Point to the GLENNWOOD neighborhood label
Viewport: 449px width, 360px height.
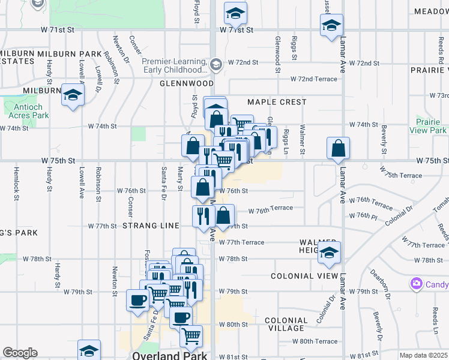pyautogui.click(x=187, y=83)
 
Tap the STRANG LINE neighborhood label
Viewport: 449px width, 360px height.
pyautogui.click(x=151, y=226)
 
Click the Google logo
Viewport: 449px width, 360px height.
pyautogui.click(x=20, y=353)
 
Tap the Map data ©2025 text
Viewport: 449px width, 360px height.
pyautogui.click(x=423, y=355)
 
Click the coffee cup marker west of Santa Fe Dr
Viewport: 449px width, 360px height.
pyautogui.click(x=137, y=300)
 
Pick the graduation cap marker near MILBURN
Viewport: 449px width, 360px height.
pyautogui.click(x=73, y=95)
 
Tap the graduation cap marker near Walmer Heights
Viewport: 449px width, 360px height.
pyautogui.click(x=329, y=253)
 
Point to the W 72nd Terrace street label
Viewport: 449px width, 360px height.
pyautogui.click(x=314, y=79)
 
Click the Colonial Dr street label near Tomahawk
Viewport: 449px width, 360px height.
pyautogui.click(x=400, y=216)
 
